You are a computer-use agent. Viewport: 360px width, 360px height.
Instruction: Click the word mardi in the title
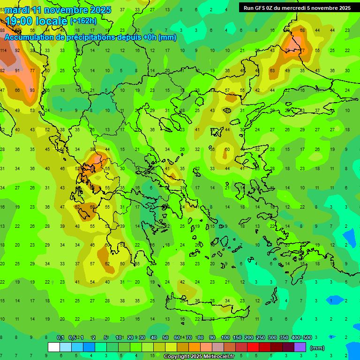pos(16,10)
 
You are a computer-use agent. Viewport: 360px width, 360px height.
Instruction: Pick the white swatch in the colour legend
pos(54,347)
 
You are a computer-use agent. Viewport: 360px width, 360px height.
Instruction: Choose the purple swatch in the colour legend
pos(300,347)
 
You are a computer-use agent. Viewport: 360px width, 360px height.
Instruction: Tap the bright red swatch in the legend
pos(253,347)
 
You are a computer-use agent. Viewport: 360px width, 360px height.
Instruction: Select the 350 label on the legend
pos(284,337)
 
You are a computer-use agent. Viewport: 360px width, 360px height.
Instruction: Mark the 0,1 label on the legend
pos(60,337)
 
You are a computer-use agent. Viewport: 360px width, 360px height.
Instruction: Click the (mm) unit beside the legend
pos(317,348)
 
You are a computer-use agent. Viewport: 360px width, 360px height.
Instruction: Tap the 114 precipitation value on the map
pos(3,50)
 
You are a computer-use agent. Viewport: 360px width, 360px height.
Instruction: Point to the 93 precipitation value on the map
pos(32,90)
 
